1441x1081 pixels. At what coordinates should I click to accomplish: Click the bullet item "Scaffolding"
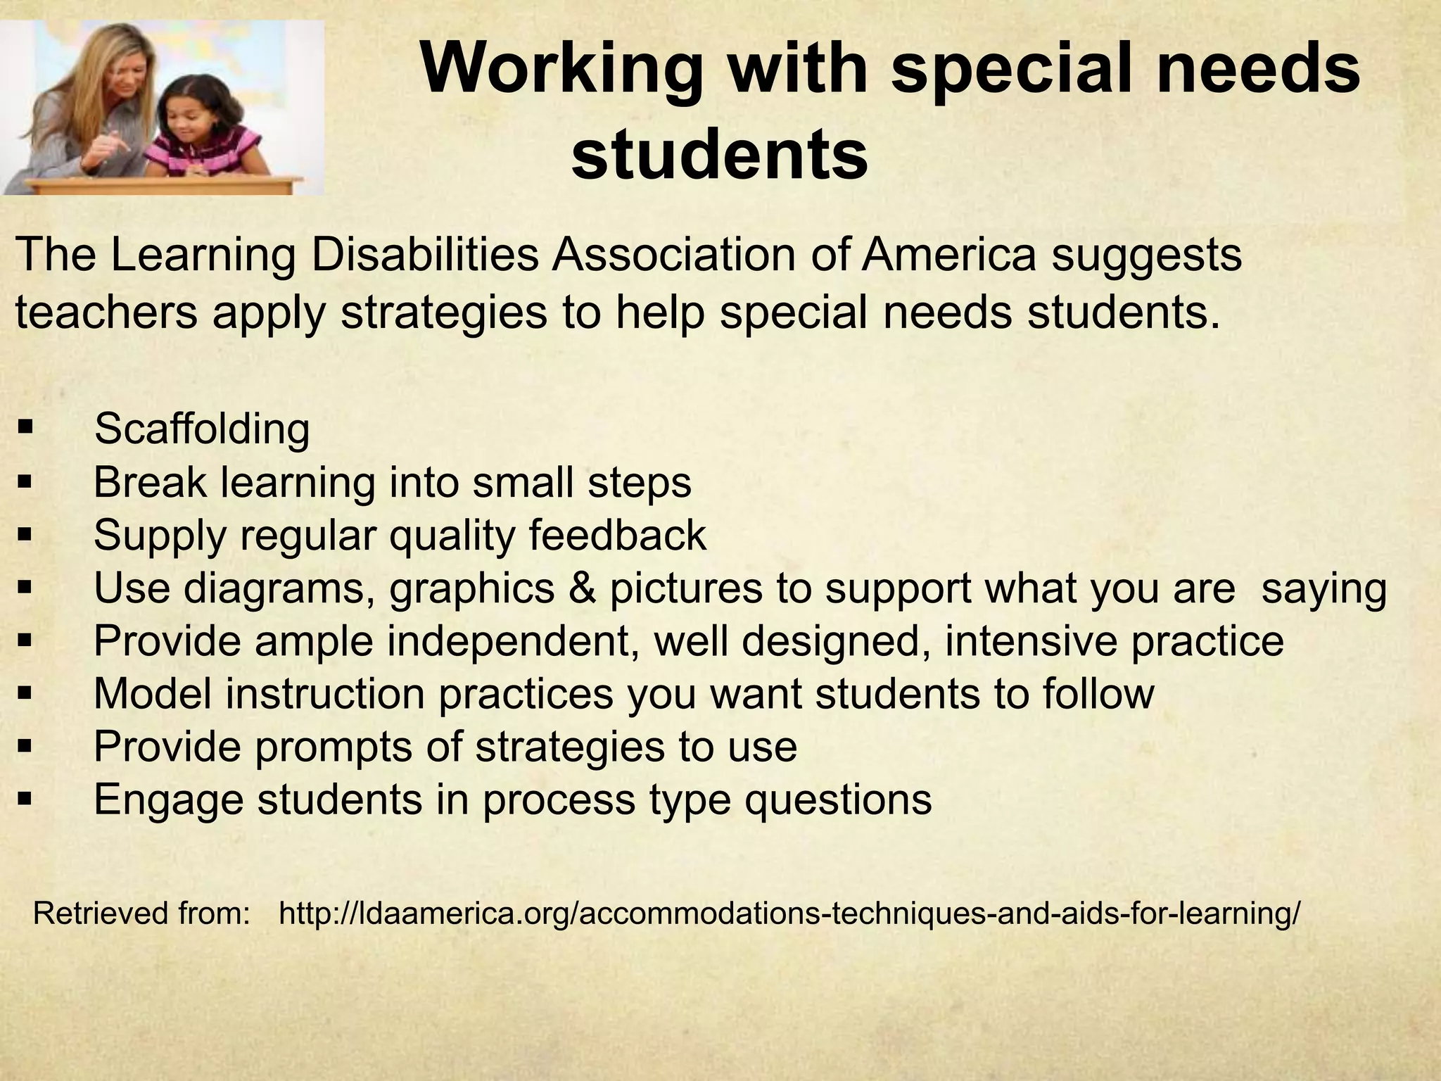pyautogui.click(x=202, y=429)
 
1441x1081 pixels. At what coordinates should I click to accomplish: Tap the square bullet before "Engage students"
pyautogui.click(x=26, y=799)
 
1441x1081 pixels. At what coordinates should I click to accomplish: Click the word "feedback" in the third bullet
pyautogui.click(x=618, y=535)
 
